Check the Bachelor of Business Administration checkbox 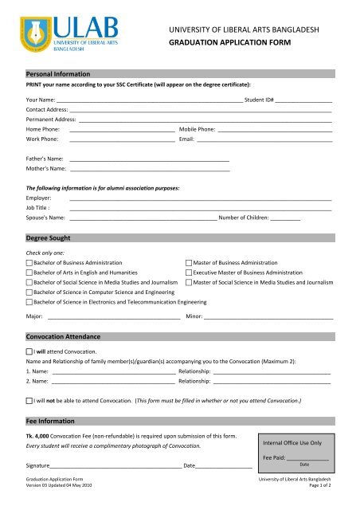(29, 262)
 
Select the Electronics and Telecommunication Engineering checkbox (29, 303)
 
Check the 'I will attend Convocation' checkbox (29, 351)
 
